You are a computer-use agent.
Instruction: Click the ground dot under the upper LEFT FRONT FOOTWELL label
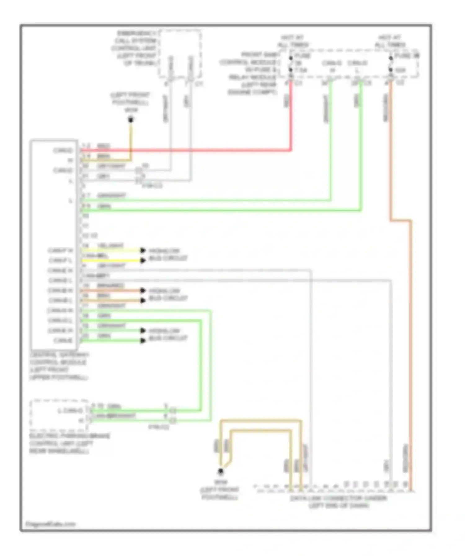coord(131,119)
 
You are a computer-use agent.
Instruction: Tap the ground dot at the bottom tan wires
coord(220,471)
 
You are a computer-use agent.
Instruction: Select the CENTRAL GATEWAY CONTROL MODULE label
coord(59,366)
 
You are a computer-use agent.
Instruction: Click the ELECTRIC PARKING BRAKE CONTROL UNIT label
coord(69,443)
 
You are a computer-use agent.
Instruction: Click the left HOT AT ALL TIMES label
coord(292,41)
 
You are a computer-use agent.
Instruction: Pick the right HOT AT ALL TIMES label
coord(390,41)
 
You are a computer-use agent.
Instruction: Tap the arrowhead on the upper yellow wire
coord(143,250)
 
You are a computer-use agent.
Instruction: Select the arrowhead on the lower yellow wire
coord(143,260)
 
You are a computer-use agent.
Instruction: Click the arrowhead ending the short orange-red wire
coord(143,290)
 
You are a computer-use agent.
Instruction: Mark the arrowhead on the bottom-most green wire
coord(143,340)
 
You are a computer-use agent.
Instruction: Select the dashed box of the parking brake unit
coord(59,415)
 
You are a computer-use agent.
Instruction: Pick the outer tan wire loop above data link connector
coord(260,421)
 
